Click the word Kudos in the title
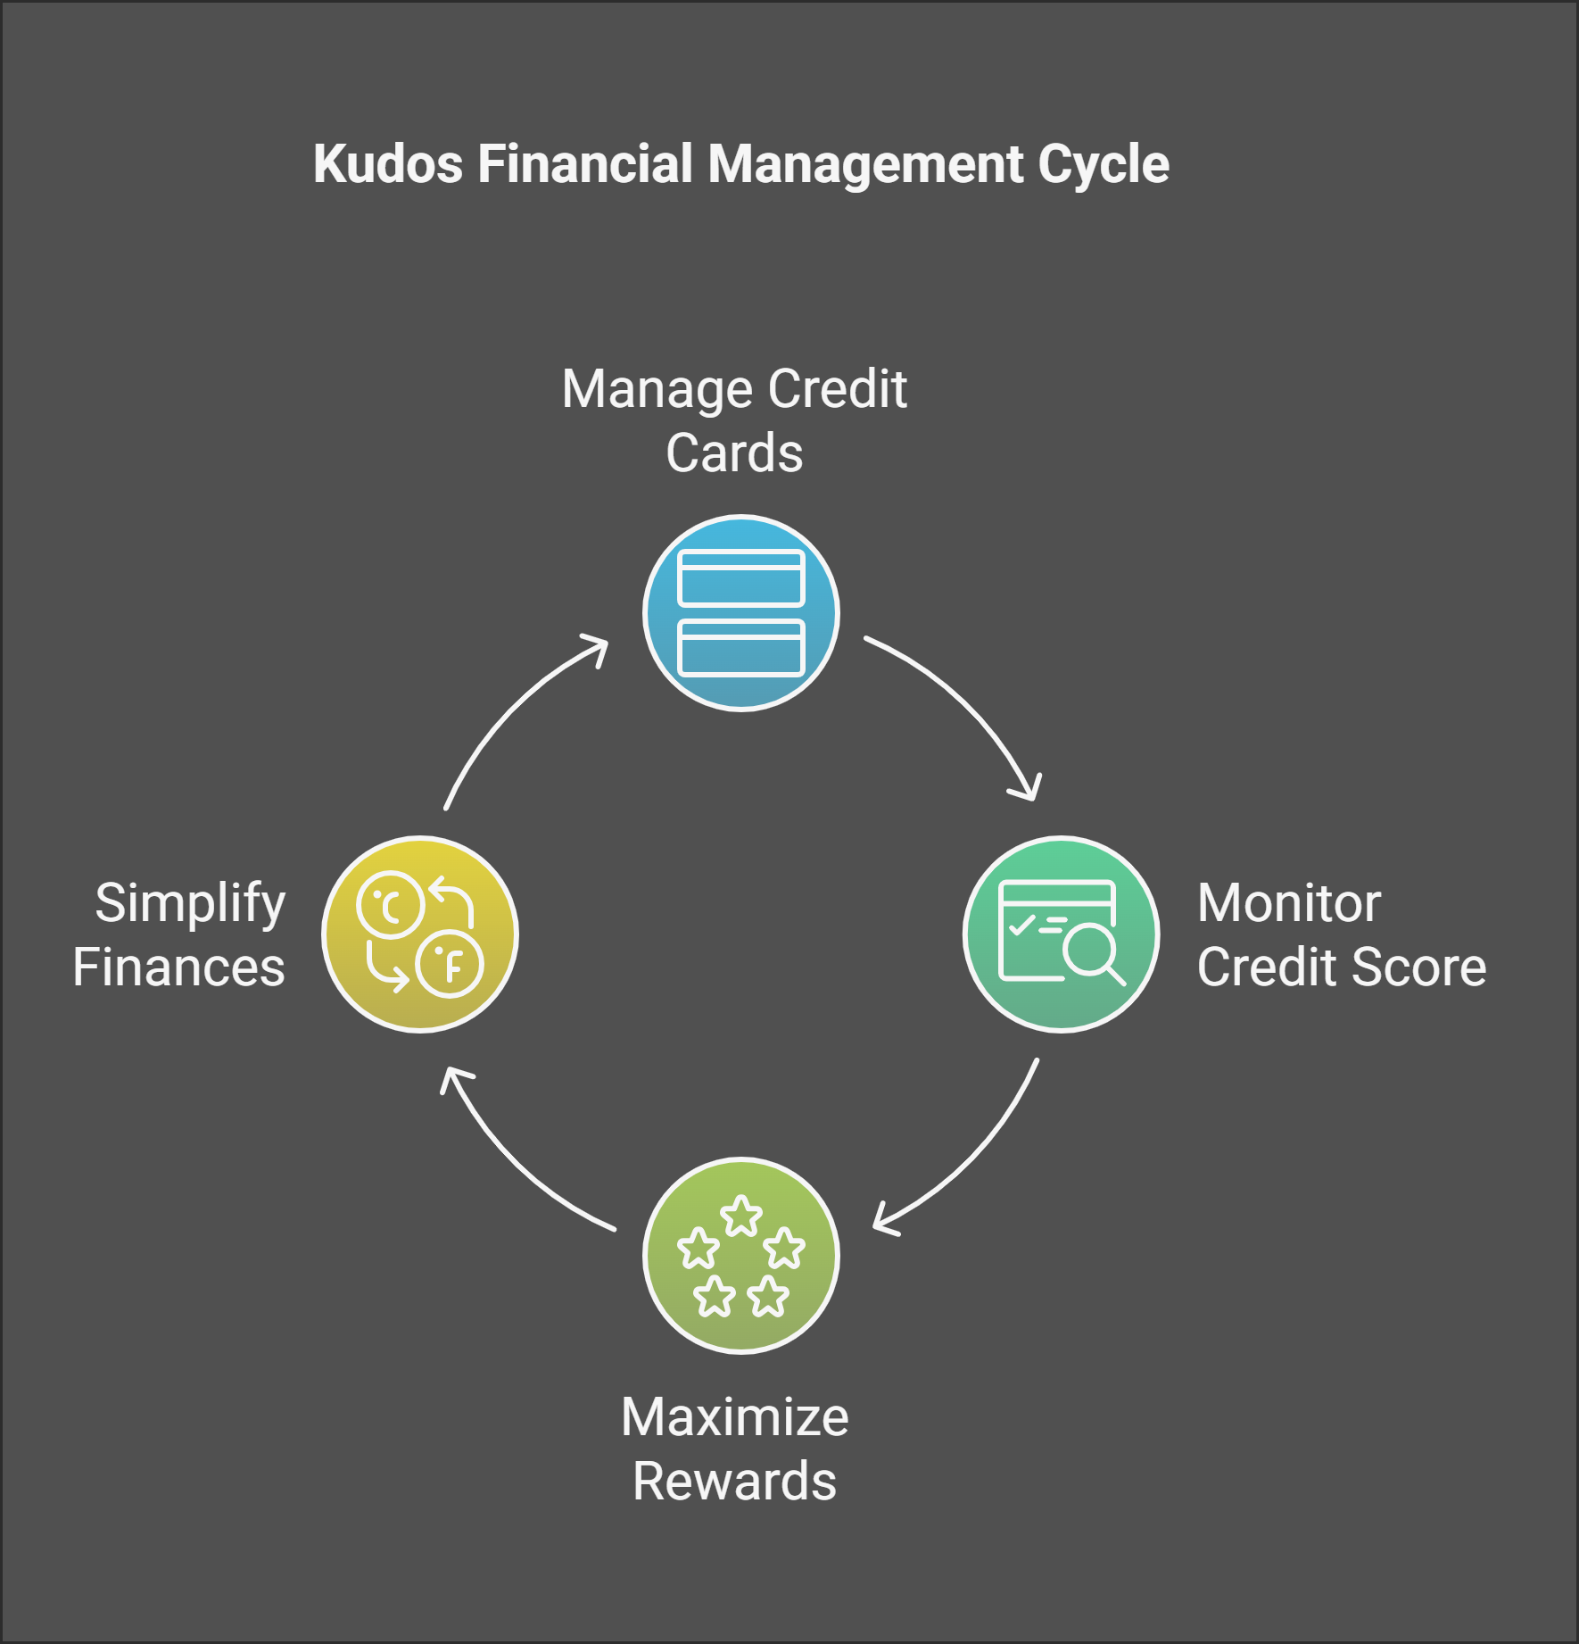[388, 164]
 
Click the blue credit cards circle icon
[740, 613]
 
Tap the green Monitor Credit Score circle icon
[1061, 934]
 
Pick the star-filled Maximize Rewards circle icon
[740, 1255]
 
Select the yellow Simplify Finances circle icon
[420, 934]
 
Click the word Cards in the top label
[734, 453]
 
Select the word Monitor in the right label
[1289, 903]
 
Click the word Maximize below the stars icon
[735, 1417]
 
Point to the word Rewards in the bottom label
[735, 1482]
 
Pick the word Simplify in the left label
[190, 903]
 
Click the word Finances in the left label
[178, 967]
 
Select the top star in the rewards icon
[741, 1216]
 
